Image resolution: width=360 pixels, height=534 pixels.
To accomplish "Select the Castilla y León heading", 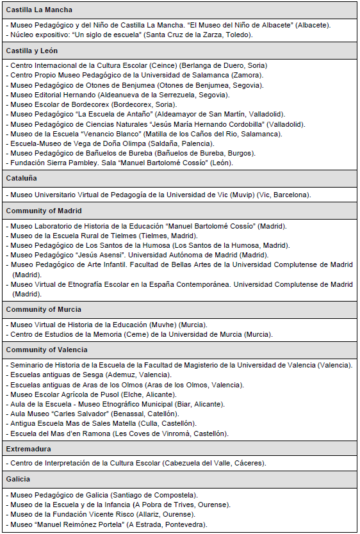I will tap(35, 51).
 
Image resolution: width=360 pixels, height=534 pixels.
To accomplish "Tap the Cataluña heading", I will tap(22, 178).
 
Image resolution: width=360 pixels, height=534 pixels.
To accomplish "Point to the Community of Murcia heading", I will tap(43, 309).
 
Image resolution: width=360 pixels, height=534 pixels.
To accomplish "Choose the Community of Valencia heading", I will tap(47, 350).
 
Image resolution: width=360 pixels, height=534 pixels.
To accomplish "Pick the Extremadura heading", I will tap(29, 449).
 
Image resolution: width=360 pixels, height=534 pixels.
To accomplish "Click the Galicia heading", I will tap(19, 479).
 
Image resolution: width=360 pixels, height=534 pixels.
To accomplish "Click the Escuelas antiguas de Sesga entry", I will tap(90, 375).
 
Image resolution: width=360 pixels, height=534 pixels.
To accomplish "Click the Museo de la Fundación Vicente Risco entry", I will tap(103, 515).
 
